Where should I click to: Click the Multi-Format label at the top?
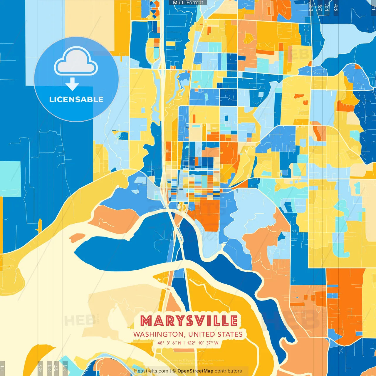point(188,3)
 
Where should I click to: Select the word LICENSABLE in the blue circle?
point(76,99)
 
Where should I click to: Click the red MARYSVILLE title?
point(189,321)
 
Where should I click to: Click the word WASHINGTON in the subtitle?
point(158,334)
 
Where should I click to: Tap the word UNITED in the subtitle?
point(201,334)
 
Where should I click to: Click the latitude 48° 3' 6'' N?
point(169,343)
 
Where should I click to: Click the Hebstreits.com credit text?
point(151,371)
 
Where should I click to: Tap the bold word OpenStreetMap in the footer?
point(195,371)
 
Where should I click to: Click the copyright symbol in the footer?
point(174,371)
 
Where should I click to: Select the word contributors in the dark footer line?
point(228,371)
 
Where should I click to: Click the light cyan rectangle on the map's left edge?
point(11,179)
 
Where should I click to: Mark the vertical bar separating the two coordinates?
point(184,343)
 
